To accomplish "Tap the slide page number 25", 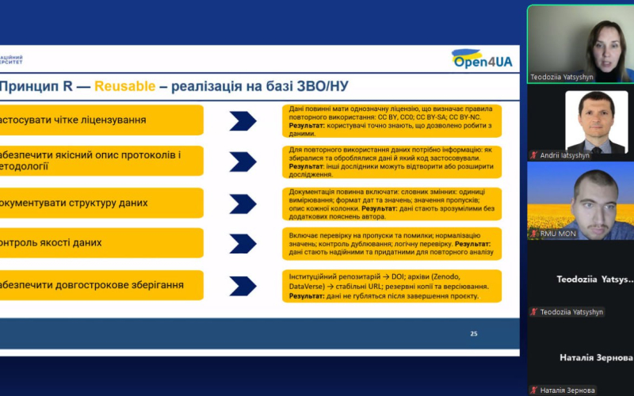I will pos(474,333).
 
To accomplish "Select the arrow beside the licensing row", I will pos(243,120).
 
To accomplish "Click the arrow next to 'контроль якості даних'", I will pos(243,243).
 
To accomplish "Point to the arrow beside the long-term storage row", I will pos(243,285).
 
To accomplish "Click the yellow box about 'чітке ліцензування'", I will pos(101,120).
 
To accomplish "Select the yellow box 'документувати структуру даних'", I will pos(101,203).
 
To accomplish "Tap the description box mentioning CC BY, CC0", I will pos(392,120).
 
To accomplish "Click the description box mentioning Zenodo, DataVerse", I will pos(392,285).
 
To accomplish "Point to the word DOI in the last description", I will pos(399,276).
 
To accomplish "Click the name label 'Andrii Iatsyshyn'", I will pos(565,156).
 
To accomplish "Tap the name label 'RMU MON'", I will pos(556,234).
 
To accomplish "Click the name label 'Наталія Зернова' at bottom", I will pos(567,390).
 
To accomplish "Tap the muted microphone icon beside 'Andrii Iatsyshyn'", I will pos(535,156).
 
